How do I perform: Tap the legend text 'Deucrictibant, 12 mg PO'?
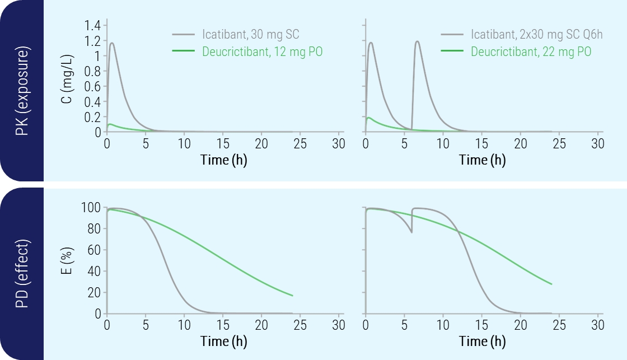[x=262, y=52]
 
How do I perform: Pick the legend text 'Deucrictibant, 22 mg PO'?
[x=531, y=52]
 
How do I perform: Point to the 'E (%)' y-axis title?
[x=67, y=261]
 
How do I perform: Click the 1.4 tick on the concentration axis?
[x=92, y=25]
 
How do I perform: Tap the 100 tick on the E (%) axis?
[x=91, y=208]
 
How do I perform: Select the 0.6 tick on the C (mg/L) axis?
[x=92, y=87]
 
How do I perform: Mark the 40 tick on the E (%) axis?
[x=93, y=272]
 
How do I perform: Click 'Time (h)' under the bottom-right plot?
[x=482, y=342]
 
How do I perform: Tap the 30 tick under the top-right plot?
[x=598, y=144]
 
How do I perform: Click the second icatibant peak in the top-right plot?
[x=417, y=41]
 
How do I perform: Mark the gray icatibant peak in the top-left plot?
[x=112, y=43]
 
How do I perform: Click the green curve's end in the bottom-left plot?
[x=293, y=296]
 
